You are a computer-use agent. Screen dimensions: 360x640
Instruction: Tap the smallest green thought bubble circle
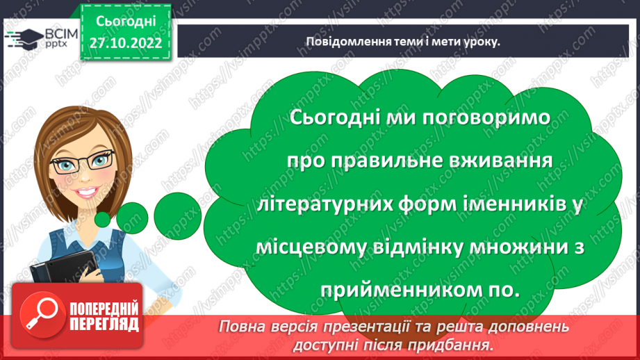tap(103, 220)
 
